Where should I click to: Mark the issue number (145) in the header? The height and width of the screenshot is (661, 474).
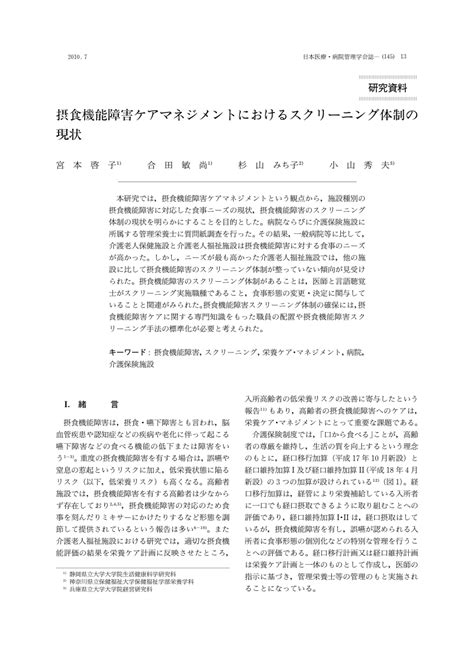pos(385,55)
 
